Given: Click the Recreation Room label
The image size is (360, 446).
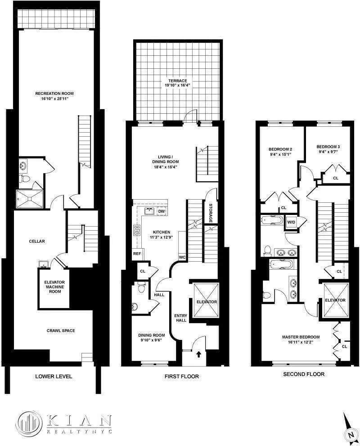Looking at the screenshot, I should (x=54, y=94).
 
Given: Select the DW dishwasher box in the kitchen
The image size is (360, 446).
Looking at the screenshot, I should (x=161, y=211).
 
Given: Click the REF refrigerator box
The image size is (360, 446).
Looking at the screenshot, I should (x=136, y=254).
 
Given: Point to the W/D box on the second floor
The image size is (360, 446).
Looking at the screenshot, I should (x=290, y=222).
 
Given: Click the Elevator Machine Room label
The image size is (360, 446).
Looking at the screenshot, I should (x=55, y=287).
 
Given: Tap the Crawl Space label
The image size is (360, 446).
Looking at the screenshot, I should (x=61, y=330).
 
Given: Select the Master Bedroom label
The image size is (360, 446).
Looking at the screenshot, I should (x=301, y=337).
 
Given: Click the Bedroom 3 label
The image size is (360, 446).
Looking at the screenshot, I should (x=328, y=147).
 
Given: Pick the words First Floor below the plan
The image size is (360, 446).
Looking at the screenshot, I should (x=182, y=376).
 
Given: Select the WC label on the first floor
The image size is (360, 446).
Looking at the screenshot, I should (x=183, y=257).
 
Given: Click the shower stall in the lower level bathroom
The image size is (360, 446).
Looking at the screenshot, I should (x=25, y=196).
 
